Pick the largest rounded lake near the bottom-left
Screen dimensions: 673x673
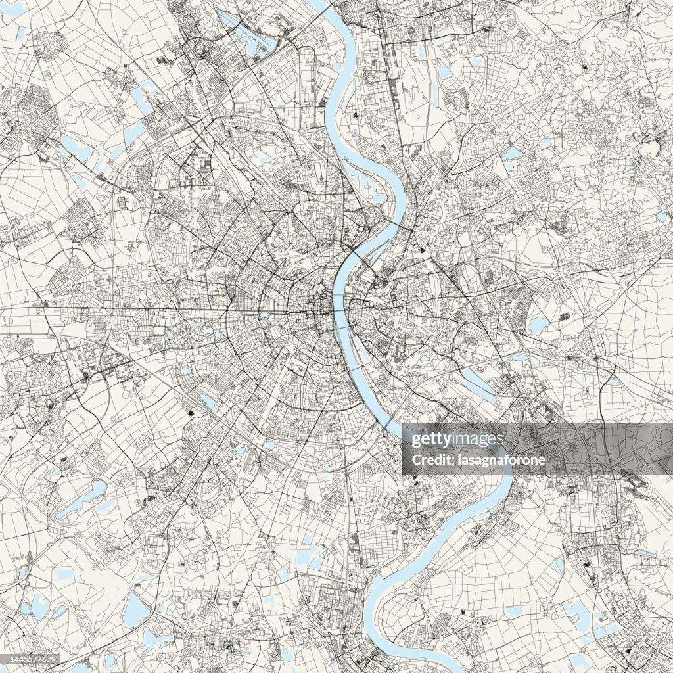135,611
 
